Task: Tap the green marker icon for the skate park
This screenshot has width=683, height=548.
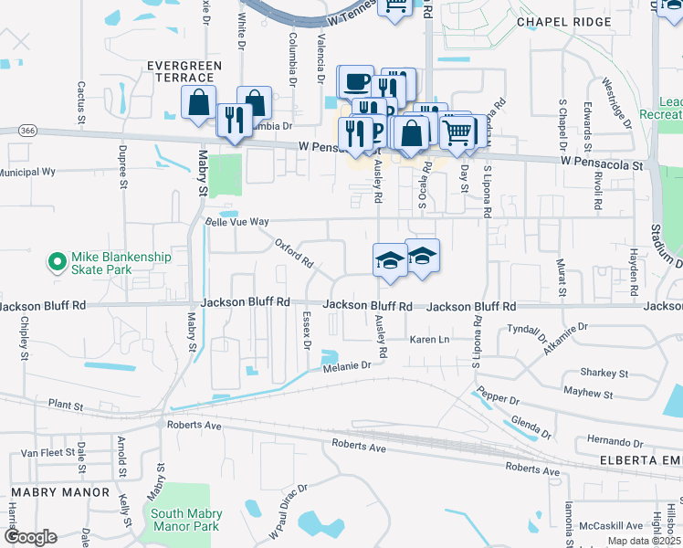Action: tap(57, 263)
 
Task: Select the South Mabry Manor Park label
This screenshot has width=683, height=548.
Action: tap(185, 521)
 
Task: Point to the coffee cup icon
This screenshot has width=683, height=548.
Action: tap(356, 83)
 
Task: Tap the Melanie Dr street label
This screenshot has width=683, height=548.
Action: tap(346, 365)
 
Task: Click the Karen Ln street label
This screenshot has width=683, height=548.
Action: tap(430, 340)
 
